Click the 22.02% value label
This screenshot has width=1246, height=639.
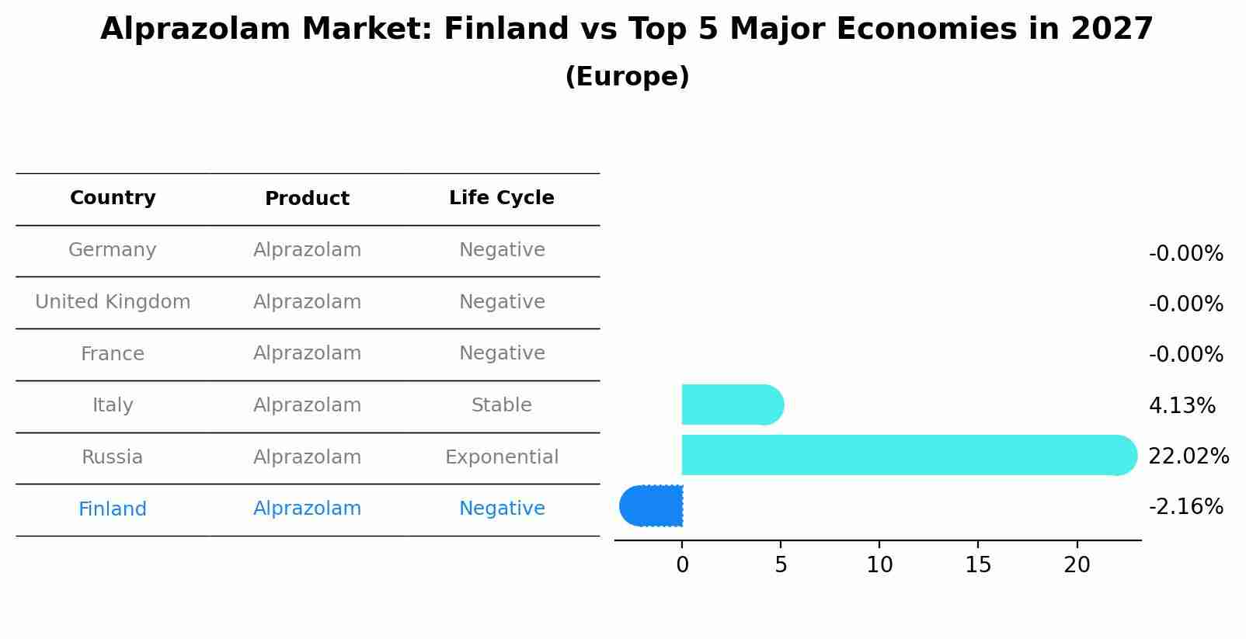(x=1188, y=457)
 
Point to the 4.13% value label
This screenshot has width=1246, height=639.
(x=1182, y=406)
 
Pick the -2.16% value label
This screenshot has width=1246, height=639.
(x=1185, y=507)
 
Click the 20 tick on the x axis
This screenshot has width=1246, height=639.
(x=1077, y=565)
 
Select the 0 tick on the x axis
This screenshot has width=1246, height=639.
(x=682, y=565)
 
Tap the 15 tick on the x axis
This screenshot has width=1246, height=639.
(x=978, y=565)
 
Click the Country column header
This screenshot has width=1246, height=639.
(x=113, y=198)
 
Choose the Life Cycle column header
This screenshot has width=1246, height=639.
(x=501, y=198)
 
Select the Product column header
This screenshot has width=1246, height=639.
(x=307, y=199)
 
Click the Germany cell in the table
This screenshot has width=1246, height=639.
(x=113, y=250)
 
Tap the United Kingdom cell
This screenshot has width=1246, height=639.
(x=113, y=302)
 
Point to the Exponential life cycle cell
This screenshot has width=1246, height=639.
(x=501, y=457)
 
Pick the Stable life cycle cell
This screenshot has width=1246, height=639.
(x=501, y=405)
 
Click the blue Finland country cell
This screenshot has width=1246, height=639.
(x=113, y=509)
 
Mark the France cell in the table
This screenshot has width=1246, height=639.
(x=113, y=354)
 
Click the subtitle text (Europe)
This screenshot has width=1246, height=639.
(x=627, y=77)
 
